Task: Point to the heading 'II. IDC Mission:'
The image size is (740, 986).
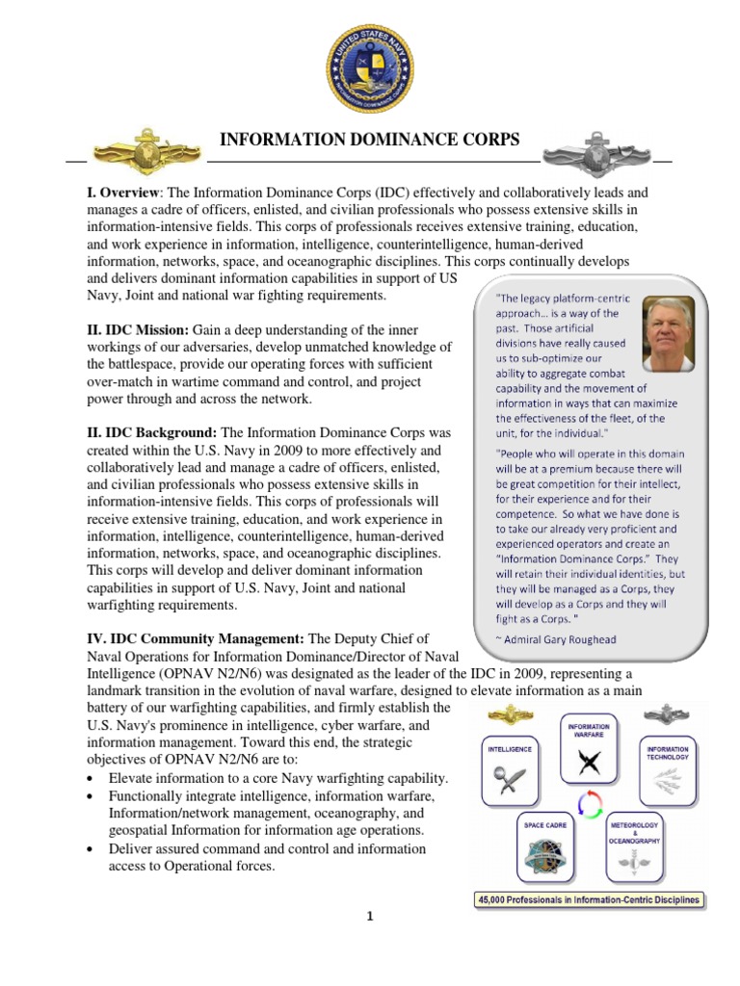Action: point(143,330)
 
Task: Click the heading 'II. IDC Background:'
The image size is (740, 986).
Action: point(154,433)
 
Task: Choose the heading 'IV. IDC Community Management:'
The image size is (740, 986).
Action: point(196,639)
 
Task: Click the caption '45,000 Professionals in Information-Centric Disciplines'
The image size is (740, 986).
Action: point(589,901)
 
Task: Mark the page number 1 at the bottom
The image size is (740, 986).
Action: point(369,917)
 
